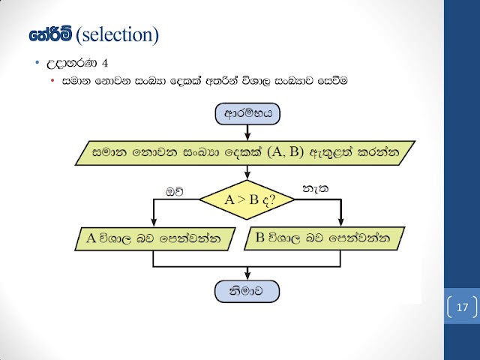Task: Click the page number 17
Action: [461, 307]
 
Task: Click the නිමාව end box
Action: [247, 290]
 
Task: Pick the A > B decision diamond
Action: [247, 200]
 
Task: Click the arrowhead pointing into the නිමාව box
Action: [247, 277]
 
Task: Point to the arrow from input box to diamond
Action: [247, 173]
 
